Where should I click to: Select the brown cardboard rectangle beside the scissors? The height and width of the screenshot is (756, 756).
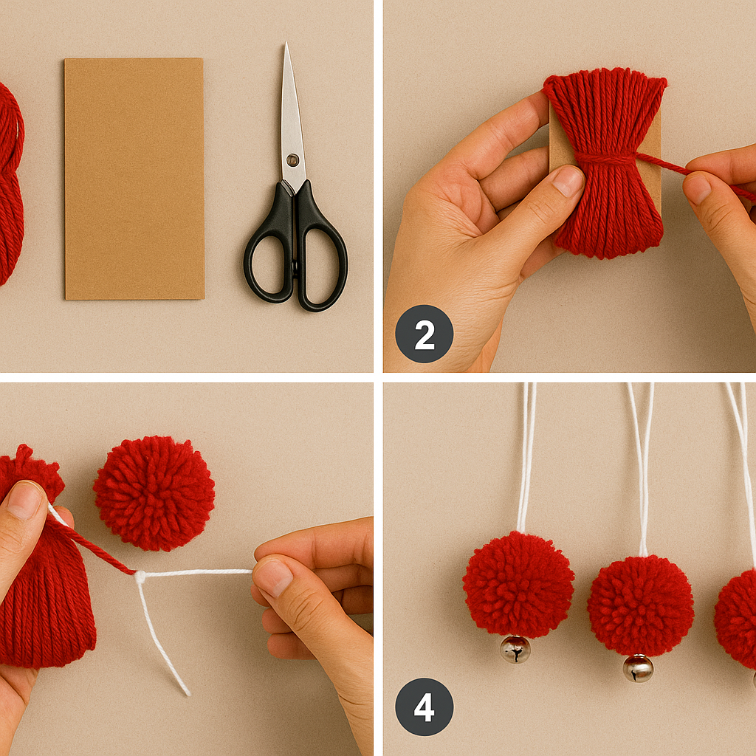pos(134,179)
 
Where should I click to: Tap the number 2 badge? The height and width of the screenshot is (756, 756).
pos(424,334)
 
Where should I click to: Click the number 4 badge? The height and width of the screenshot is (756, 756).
pos(424,707)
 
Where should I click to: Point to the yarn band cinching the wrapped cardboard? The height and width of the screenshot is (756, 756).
pos(605,158)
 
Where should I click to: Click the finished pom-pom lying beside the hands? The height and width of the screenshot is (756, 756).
pos(154,493)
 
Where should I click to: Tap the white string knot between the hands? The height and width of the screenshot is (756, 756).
pos(140,577)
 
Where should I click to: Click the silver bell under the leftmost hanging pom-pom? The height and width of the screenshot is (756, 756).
pos(515,649)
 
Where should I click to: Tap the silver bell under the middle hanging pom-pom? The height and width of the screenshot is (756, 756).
pos(638,667)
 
